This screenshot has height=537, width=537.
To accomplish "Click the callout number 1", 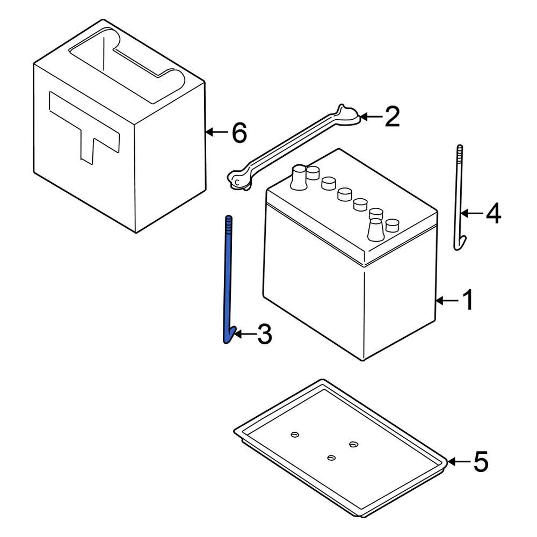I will pyautogui.click(x=468, y=300).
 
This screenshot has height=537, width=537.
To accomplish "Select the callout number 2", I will pyautogui.click(x=391, y=117).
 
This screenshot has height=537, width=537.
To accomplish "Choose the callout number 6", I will pyautogui.click(x=239, y=132).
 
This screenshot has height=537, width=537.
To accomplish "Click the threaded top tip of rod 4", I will pyautogui.click(x=460, y=150).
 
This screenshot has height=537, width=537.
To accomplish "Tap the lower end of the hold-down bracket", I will pyautogui.click(x=237, y=180).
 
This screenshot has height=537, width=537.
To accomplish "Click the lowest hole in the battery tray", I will pyautogui.click(x=331, y=457).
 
